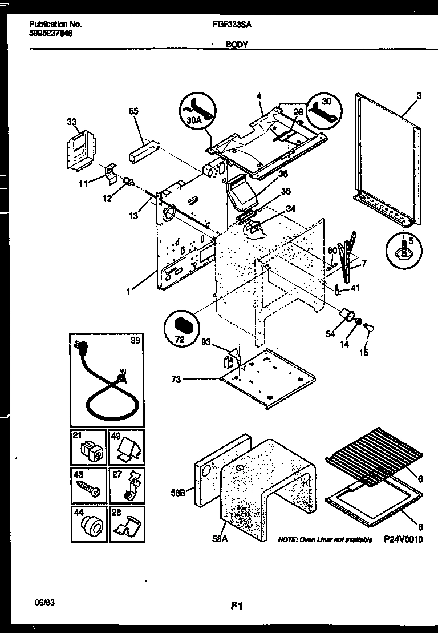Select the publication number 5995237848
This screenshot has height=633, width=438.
[51, 33]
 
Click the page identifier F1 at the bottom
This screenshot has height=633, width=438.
[238, 607]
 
